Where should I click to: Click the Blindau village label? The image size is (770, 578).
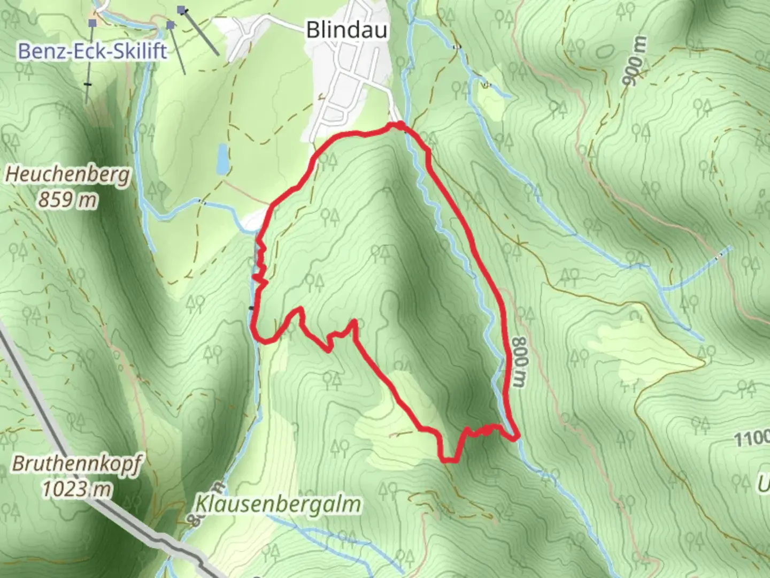tap(346, 30)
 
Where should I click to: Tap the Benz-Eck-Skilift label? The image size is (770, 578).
tap(93, 51)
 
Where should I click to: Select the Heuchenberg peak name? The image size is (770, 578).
tap(68, 175)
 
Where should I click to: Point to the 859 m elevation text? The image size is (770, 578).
tap(68, 200)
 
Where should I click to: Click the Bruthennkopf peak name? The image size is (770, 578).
tap(76, 464)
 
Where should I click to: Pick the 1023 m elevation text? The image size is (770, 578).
tap(76, 489)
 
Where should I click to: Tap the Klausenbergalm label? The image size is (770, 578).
tap(278, 504)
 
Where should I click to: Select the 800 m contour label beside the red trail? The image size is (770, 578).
tap(518, 362)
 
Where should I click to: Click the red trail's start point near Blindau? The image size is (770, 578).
tap(399, 126)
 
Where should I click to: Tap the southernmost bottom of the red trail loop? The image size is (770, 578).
tap(450, 459)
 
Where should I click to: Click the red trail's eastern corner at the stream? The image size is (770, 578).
tap(516, 438)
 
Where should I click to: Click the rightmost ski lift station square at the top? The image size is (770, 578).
tap(182, 10)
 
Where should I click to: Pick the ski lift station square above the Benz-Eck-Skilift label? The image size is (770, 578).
tap(93, 22)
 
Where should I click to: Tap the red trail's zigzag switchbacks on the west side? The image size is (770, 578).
tap(261, 262)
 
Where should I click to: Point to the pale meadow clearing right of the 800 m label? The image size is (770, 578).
tap(642, 353)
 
